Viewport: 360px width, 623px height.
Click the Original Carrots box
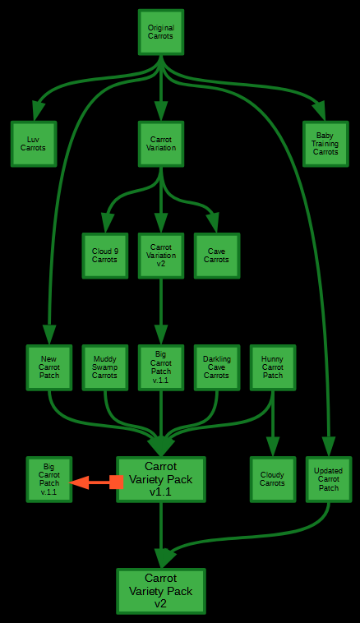pyautogui.click(x=161, y=32)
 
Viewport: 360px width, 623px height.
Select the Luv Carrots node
pyautogui.click(x=34, y=144)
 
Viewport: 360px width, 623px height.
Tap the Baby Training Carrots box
pyautogui.click(x=325, y=144)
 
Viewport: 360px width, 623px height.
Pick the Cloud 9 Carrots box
pyautogui.click(x=105, y=256)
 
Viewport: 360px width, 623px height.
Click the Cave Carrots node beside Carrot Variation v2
pyautogui.click(x=217, y=256)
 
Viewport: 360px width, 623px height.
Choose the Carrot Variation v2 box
pyautogui.click(x=161, y=256)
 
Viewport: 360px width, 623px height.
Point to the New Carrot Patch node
pyautogui.click(x=49, y=367)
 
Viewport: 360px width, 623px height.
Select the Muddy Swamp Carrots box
pyautogui.click(x=105, y=367)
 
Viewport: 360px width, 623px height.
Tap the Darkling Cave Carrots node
pyautogui.click(x=217, y=367)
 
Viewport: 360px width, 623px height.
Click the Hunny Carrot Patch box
pyautogui.click(x=273, y=367)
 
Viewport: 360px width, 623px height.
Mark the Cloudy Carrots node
pyautogui.click(x=273, y=479)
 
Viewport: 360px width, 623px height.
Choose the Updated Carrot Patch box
pyautogui.click(x=329, y=479)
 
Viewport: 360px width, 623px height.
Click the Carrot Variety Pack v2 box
pyautogui.click(x=161, y=591)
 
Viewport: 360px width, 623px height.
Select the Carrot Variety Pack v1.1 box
pyautogui.click(x=161, y=479)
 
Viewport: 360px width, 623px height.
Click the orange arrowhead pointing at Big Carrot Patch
pyautogui.click(x=79, y=482)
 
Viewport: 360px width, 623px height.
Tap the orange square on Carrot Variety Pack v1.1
pyautogui.click(x=116, y=482)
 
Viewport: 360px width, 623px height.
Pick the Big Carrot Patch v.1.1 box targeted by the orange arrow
pyautogui.click(x=49, y=479)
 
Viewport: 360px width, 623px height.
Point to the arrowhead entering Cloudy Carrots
pyautogui.click(x=273, y=446)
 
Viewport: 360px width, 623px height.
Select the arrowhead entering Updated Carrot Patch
pyautogui.click(x=329, y=446)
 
